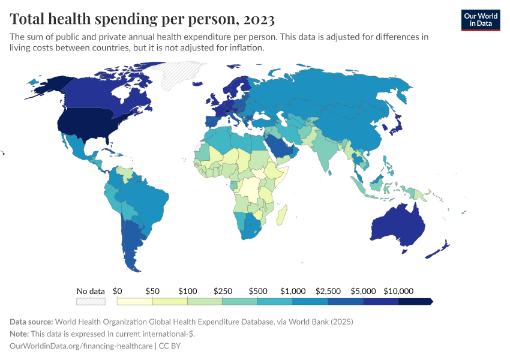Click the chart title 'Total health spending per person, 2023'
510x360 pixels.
click(142, 19)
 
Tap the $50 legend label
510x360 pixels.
click(152, 291)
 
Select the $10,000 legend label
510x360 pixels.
click(399, 291)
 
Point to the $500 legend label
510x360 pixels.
click(258, 291)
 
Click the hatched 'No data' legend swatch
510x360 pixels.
click(91, 301)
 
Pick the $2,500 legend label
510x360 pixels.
click(328, 291)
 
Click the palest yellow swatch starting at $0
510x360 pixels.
click(134, 301)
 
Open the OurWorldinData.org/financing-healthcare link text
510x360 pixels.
click(81, 346)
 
